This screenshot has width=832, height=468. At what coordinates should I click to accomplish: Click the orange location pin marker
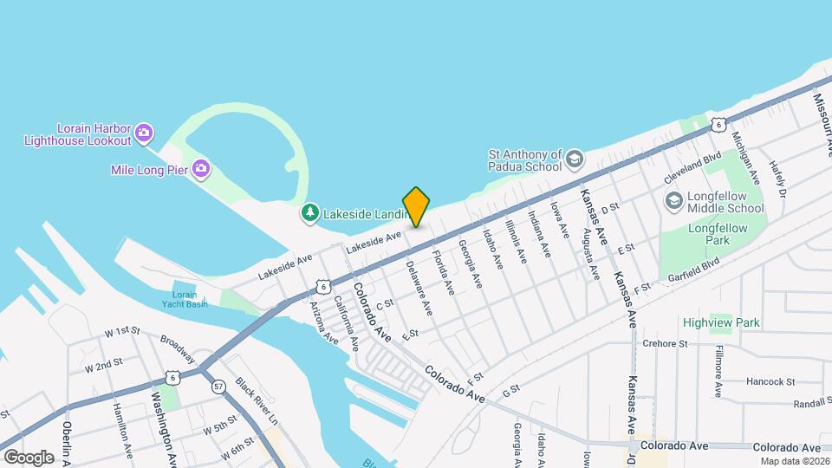(417, 206)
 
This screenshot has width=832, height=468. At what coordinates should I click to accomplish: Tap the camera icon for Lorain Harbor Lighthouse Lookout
(145, 133)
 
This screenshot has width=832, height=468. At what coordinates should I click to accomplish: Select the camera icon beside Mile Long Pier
(201, 168)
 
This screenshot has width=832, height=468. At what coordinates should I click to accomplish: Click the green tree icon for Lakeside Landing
(309, 212)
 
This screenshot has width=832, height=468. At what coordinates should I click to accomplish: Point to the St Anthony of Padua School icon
(574, 159)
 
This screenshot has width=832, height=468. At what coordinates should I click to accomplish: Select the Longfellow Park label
(712, 233)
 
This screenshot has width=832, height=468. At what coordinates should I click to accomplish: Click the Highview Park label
(721, 322)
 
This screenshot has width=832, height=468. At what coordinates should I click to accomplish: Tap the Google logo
(29, 457)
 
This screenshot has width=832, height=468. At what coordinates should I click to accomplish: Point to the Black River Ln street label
(257, 402)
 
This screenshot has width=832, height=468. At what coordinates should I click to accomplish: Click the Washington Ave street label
(163, 425)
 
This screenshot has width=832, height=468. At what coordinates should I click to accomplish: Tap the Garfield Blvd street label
(694, 270)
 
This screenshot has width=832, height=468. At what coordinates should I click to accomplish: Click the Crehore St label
(665, 343)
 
